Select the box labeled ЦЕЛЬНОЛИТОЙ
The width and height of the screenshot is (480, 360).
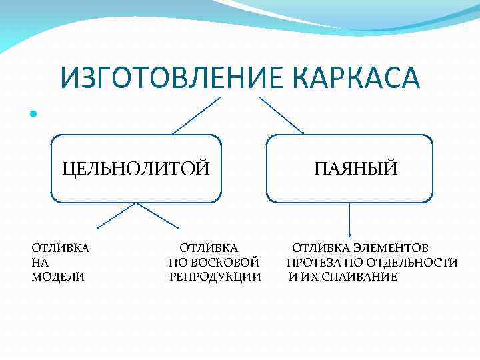(136, 168)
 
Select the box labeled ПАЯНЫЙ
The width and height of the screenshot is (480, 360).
(350, 168)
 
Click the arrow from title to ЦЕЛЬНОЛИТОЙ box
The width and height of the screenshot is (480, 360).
(196, 115)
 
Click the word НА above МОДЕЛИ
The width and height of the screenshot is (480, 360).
(40, 263)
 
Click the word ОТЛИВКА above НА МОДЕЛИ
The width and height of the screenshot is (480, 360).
(61, 248)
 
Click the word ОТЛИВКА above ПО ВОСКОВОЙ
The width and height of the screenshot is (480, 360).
(209, 248)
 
